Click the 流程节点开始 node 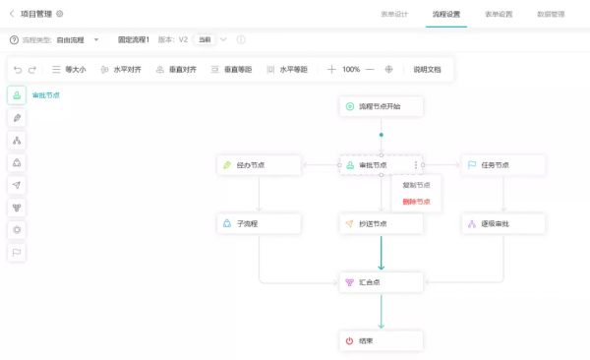point(381,105)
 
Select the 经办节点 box point(258,165)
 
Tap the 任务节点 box point(502,165)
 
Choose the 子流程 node point(258,224)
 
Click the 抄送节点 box point(381,224)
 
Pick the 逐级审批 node point(502,224)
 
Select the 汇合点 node point(381,283)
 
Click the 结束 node point(381,341)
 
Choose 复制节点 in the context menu point(417,184)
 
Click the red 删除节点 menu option point(417,202)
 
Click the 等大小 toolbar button point(69,70)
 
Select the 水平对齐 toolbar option point(121,70)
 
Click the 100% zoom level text point(351,70)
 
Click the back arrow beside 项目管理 point(12,14)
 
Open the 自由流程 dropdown point(79,39)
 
